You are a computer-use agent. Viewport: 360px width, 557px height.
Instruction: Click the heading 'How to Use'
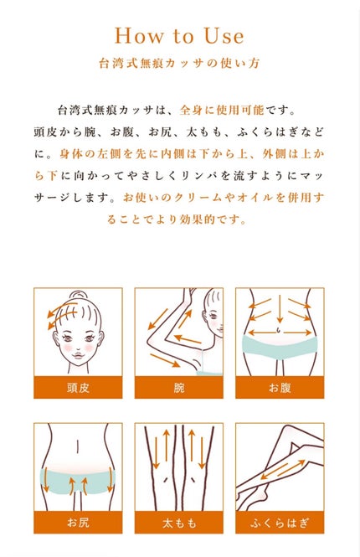pos(179,36)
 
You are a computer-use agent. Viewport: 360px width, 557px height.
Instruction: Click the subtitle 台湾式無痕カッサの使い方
pos(179,63)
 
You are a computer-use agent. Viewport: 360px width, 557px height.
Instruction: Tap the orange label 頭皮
pos(78,387)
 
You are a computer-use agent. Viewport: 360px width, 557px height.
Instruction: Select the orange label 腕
pos(179,387)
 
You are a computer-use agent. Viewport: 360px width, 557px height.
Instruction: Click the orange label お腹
pos(280,387)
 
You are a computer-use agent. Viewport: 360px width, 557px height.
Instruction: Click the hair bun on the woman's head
pos(77,297)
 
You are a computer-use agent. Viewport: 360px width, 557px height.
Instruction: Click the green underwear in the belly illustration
pos(280,346)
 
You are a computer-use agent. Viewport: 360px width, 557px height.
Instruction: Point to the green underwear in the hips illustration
pos(78,482)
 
